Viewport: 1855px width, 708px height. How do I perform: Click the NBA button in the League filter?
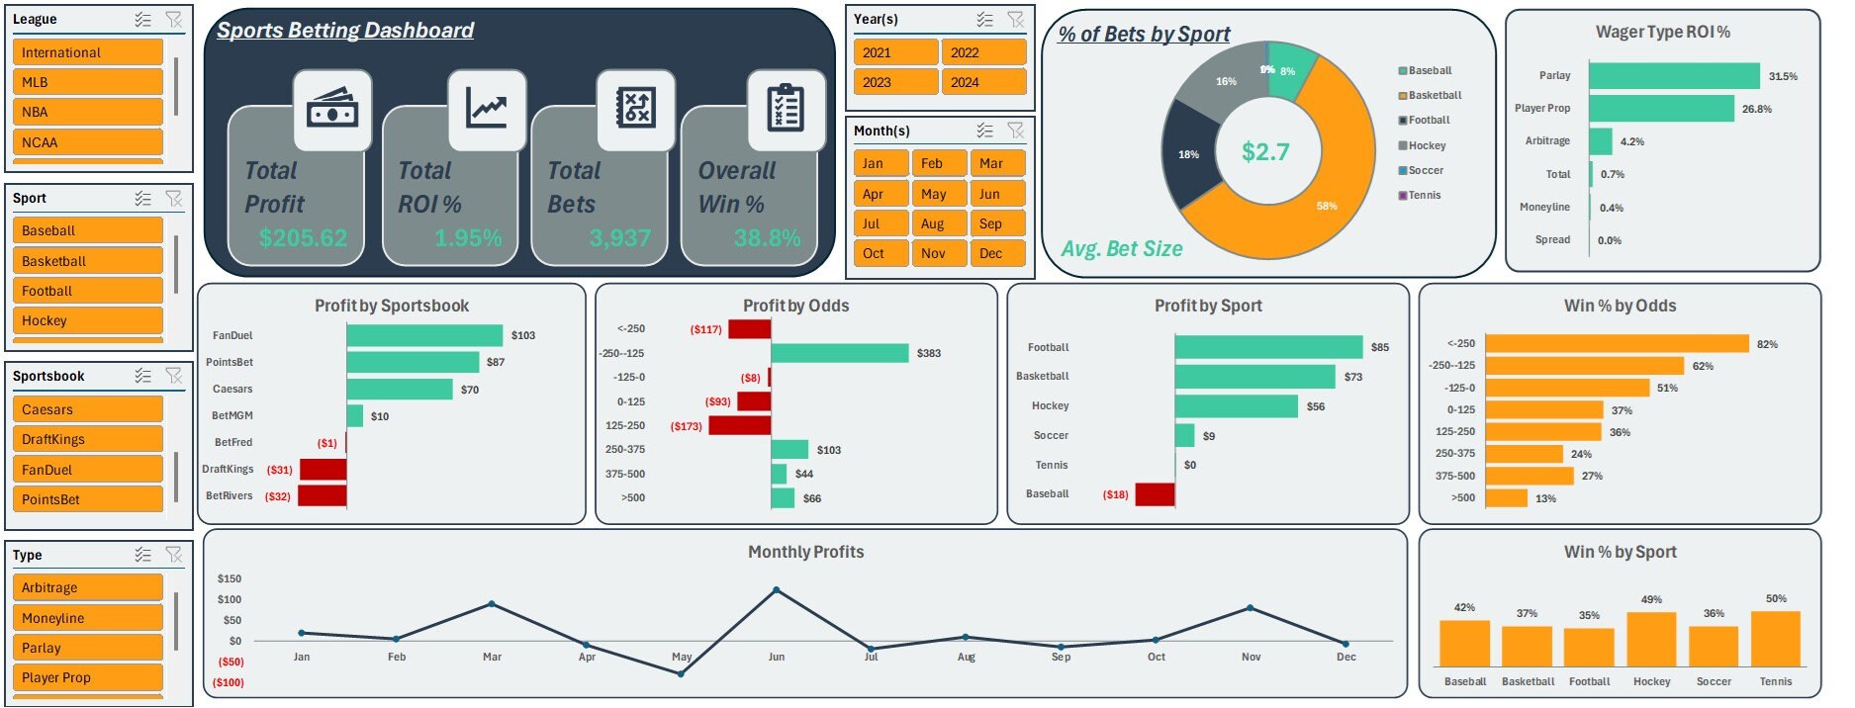[x=87, y=112]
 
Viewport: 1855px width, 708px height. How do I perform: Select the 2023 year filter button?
[x=894, y=82]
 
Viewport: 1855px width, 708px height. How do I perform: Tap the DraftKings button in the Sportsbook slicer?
[x=87, y=439]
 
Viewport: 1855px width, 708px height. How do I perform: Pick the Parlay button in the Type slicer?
[x=87, y=648]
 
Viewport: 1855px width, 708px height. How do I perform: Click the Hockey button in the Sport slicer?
[x=87, y=320]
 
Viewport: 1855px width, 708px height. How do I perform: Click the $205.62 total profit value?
[x=303, y=238]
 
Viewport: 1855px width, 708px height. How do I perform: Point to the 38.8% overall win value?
[x=767, y=238]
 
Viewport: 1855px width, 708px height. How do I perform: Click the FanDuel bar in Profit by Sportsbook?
[x=424, y=335]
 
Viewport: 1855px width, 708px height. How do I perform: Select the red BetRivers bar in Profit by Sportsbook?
[x=323, y=495]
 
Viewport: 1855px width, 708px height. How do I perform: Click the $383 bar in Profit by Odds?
[x=839, y=353]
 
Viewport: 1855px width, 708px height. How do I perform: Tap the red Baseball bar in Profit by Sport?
[x=1155, y=493]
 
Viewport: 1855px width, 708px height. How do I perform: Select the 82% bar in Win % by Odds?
[x=1617, y=344]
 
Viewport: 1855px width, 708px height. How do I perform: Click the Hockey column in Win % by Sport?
[x=1651, y=639]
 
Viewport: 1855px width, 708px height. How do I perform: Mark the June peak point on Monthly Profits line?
[x=776, y=590]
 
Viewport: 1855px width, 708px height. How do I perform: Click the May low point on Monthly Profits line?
[x=681, y=674]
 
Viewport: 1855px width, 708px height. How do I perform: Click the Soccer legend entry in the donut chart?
[x=1426, y=170]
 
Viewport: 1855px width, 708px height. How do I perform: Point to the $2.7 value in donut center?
[x=1265, y=152]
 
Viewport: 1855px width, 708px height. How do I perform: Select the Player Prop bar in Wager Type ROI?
[x=1661, y=109]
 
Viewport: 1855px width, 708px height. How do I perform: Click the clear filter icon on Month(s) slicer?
[x=1015, y=131]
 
